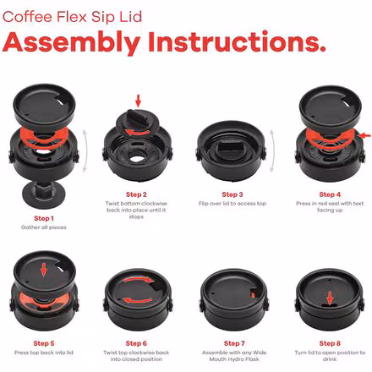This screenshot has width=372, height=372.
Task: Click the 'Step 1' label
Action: [44, 218]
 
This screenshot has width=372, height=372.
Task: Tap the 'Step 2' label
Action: [136, 194]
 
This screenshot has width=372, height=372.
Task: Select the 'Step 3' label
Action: [232, 194]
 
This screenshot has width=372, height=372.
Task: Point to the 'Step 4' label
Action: [330, 194]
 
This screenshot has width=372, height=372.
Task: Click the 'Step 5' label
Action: [44, 343]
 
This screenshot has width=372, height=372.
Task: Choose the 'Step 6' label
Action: [136, 343]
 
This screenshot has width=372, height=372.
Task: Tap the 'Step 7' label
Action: [234, 343]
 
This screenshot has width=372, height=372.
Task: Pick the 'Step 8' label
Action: [330, 343]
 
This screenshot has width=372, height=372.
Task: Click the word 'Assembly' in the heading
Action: [71, 42]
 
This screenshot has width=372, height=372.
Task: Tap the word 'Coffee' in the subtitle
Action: [27, 17]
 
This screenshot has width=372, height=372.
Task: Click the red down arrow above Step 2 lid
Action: [138, 101]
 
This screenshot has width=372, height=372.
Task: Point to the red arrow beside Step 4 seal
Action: [365, 136]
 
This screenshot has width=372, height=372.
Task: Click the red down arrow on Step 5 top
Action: [43, 270]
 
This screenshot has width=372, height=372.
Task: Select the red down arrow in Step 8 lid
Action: [330, 298]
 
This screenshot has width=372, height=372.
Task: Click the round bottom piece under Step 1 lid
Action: [44, 194]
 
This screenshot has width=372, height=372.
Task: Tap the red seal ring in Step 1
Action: [44, 137]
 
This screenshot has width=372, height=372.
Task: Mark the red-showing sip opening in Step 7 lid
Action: [254, 293]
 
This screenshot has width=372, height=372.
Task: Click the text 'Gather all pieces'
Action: [44, 227]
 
